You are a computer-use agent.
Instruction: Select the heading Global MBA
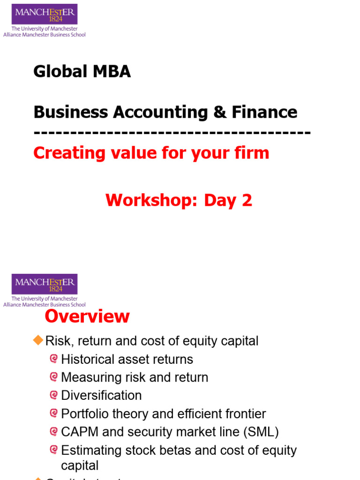pos(82,72)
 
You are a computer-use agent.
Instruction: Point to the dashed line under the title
pos(172,133)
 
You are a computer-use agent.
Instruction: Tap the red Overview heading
pos(87,316)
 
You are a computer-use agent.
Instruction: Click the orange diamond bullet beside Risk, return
pos(38,340)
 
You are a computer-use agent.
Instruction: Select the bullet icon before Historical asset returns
pos(54,359)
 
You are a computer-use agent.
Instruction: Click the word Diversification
pos(101,395)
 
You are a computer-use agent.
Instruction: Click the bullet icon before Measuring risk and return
pos(54,377)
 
